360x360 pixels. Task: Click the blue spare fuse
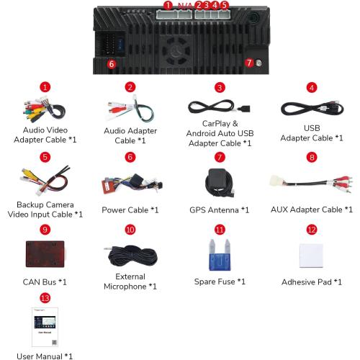pyautogui.click(x=220, y=255)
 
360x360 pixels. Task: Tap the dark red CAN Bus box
pyautogui.click(x=45, y=254)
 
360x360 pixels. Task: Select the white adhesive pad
pyautogui.click(x=312, y=256)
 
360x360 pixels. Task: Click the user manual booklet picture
pyautogui.click(x=45, y=327)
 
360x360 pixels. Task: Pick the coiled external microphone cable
pyautogui.click(x=131, y=255)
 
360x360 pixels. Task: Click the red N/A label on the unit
pyautogui.click(x=185, y=6)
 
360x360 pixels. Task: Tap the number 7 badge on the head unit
pyautogui.click(x=249, y=63)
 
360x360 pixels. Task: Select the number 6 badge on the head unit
pyautogui.click(x=112, y=64)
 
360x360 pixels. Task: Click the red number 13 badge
pyautogui.click(x=45, y=298)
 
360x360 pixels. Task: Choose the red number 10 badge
pyautogui.click(x=130, y=230)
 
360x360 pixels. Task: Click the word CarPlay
pyautogui.click(x=216, y=124)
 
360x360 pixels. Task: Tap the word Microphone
pyautogui.click(x=125, y=287)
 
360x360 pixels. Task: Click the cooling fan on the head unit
pyautogui.click(x=176, y=51)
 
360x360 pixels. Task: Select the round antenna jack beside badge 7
pyautogui.click(x=258, y=63)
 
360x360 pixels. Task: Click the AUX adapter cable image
pyautogui.click(x=311, y=183)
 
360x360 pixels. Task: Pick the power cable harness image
pyautogui.click(x=132, y=184)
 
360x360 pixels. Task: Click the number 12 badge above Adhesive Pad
pyautogui.click(x=312, y=230)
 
